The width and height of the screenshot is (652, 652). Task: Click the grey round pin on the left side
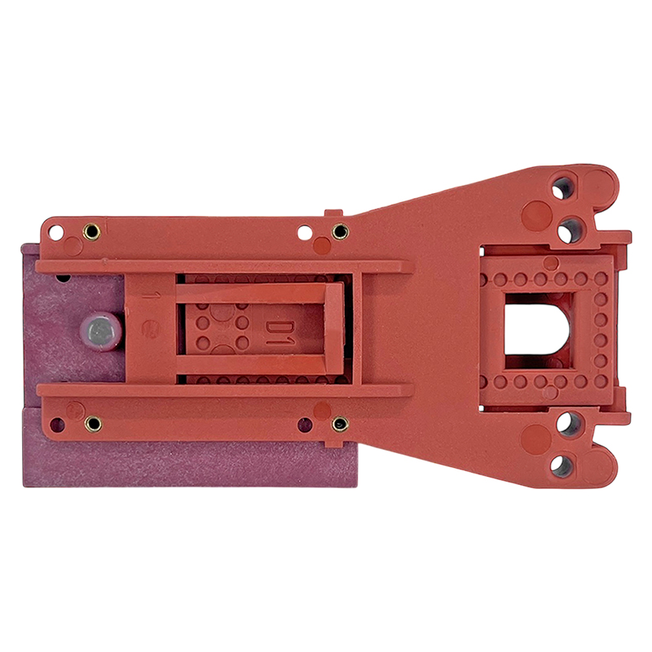click(101, 331)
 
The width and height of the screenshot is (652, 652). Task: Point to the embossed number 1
click(146, 296)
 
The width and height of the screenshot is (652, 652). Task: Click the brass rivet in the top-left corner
click(91, 231)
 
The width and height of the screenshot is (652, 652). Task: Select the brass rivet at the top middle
click(340, 231)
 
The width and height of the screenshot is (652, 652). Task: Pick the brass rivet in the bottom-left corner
click(93, 424)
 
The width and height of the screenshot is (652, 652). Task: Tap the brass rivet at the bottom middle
click(340, 424)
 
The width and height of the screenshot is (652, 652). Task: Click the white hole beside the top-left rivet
click(56, 232)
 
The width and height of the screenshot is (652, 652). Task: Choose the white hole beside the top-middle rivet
click(305, 232)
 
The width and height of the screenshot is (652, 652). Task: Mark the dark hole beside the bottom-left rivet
click(57, 425)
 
